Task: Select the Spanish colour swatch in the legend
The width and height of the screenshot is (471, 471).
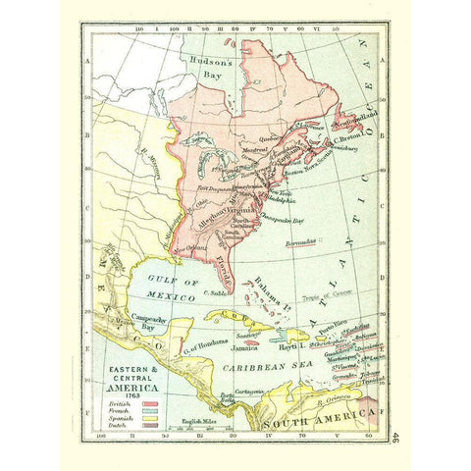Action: click(151, 417)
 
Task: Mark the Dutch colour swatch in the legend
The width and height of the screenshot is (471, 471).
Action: click(151, 425)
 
